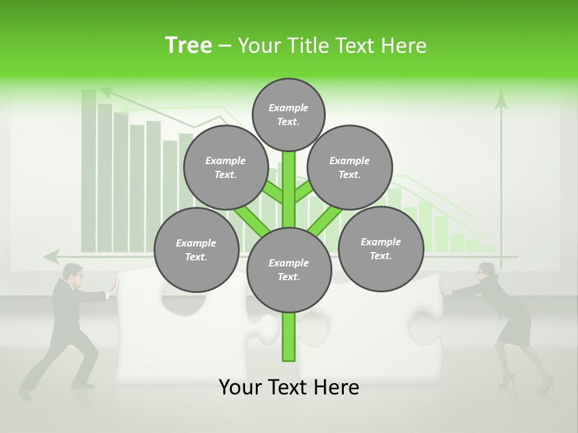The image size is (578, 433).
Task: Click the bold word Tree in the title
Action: pos(188,46)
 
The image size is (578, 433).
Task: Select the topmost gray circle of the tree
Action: pos(288,114)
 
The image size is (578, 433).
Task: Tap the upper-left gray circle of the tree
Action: pos(226,167)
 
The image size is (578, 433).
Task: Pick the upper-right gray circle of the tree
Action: pos(350,167)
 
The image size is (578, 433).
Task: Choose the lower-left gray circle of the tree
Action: pos(196,250)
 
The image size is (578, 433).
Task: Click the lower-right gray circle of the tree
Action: pos(381,248)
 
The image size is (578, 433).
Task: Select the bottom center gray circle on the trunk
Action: pos(289,270)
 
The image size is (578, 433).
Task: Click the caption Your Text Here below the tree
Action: pos(289,387)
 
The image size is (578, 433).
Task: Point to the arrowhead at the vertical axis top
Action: pos(501,98)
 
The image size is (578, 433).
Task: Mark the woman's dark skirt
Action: pos(517,325)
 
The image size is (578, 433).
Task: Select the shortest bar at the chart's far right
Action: pos(488,248)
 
